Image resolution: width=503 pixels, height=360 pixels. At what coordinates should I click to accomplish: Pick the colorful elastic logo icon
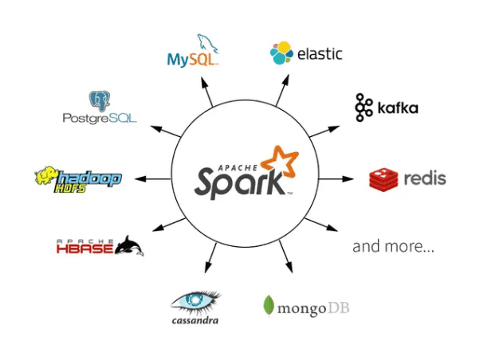pyautogui.click(x=281, y=53)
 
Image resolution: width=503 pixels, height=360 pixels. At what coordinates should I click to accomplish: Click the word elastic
pyautogui.click(x=319, y=54)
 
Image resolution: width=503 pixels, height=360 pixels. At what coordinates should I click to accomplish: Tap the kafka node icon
pyautogui.click(x=363, y=108)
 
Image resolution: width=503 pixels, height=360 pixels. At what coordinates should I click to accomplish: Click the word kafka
pyautogui.click(x=396, y=108)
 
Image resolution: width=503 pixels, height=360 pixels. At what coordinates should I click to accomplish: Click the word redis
pyautogui.click(x=424, y=178)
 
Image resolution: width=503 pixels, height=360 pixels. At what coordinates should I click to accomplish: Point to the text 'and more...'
pyautogui.click(x=393, y=246)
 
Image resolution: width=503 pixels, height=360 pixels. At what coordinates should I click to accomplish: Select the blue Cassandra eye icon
pyautogui.click(x=195, y=301)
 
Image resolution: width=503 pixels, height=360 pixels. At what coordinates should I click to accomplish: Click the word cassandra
pyautogui.click(x=195, y=320)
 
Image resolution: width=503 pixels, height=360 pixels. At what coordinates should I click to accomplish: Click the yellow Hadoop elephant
pyautogui.click(x=46, y=177)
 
